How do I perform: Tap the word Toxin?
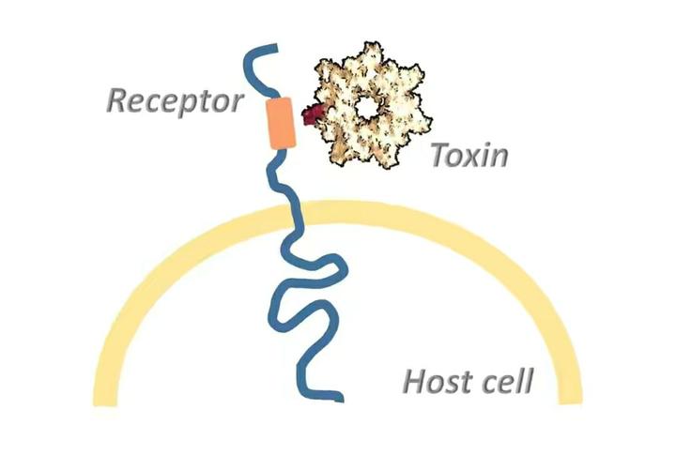469,155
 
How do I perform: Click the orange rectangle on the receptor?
282,123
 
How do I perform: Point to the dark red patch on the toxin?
314,114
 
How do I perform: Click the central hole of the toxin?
367,107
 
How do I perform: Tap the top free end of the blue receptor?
276,48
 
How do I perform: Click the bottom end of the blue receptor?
341,398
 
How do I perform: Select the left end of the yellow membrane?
105,402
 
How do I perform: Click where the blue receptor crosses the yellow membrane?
294,217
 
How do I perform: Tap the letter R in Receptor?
118,100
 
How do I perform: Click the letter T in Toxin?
441,155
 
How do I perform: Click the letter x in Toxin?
477,159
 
